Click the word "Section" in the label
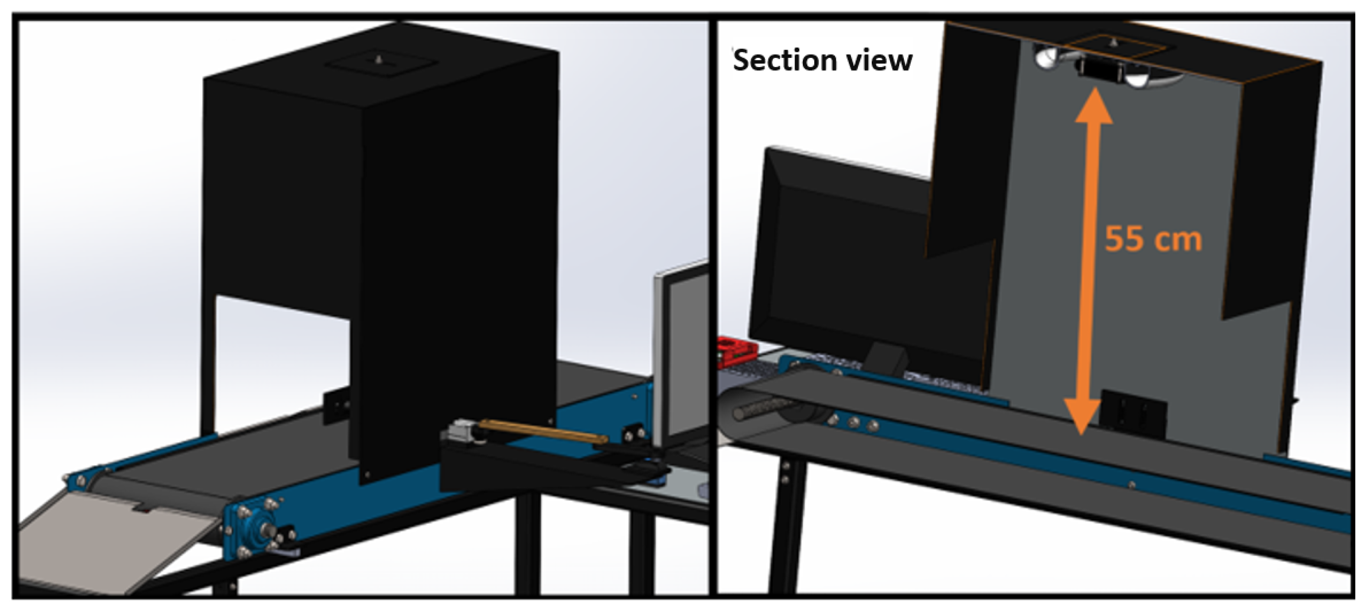[x=781, y=60]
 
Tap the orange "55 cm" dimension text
[x=1153, y=239]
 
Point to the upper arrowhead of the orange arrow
[x=1094, y=106]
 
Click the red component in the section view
[x=737, y=350]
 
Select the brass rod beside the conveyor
[x=542, y=431]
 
